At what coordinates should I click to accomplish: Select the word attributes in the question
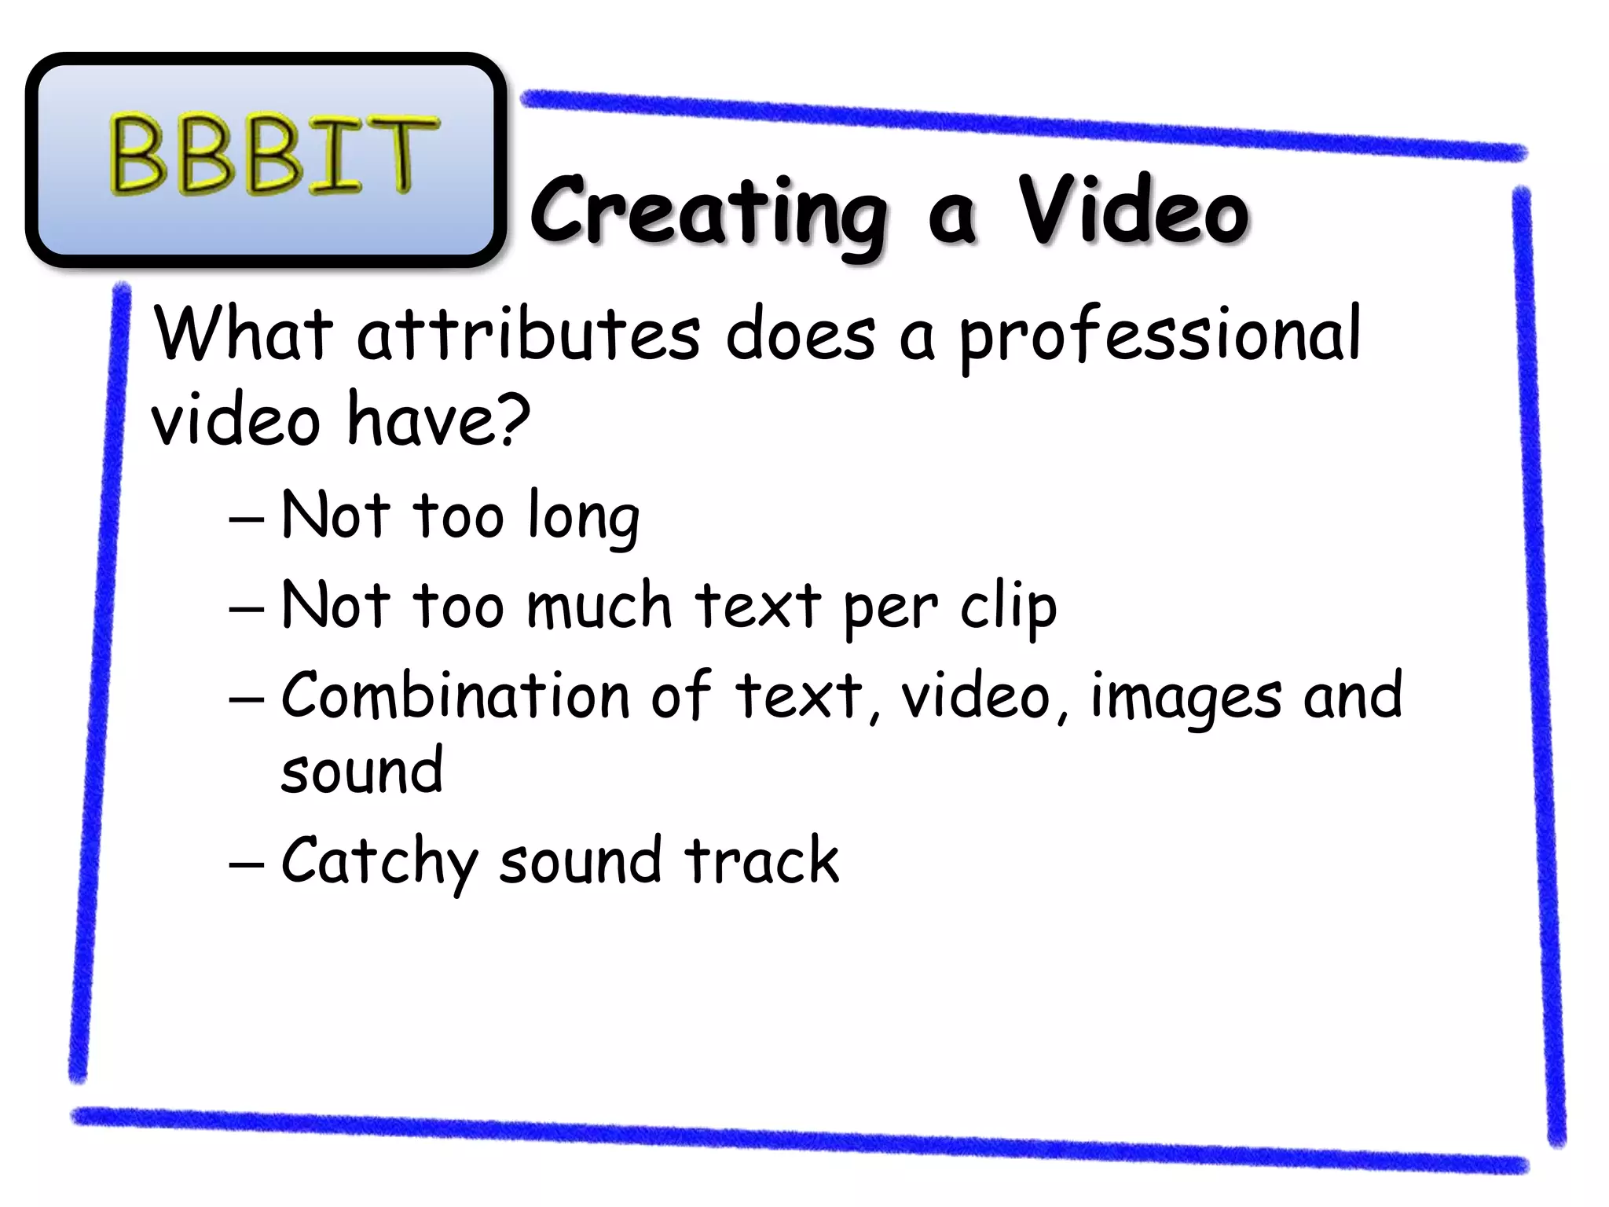(x=528, y=336)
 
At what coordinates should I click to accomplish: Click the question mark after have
(x=513, y=418)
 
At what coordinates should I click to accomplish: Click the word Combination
(x=456, y=695)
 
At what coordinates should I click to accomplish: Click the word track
(x=761, y=860)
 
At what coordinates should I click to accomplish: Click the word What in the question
(x=244, y=336)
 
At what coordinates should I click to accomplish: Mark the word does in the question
(x=799, y=336)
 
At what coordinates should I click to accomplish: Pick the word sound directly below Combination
(x=362, y=771)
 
